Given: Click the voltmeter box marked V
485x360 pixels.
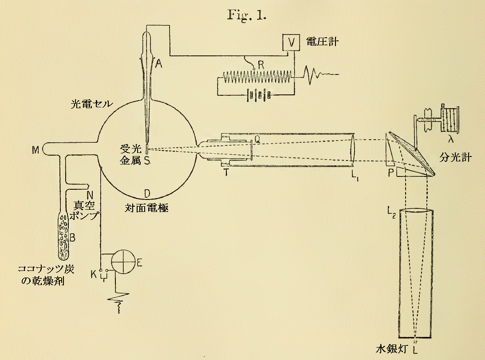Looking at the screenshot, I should pos(291,43).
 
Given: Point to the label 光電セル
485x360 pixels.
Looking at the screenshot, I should pos(91,104).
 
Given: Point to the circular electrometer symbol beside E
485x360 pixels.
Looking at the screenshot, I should pos(122,262).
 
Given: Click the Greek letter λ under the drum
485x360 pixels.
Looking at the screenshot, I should pos(451,139).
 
